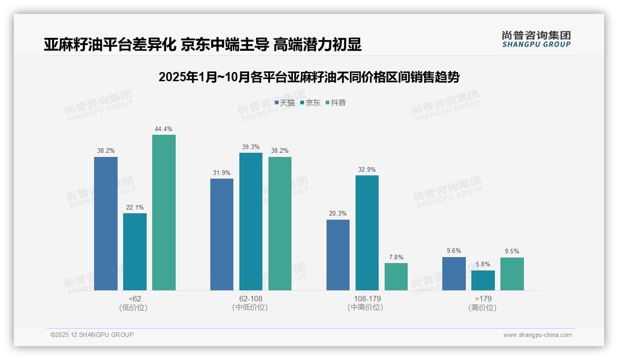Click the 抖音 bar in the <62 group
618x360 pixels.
(x=164, y=212)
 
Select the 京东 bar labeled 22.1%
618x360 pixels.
(x=135, y=252)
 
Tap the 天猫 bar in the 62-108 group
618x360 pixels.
(x=222, y=234)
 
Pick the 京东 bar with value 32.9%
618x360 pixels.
(x=367, y=233)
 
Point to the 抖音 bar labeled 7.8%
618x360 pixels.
(x=396, y=276)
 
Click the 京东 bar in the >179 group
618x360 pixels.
(x=483, y=280)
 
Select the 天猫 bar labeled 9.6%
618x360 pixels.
(x=454, y=274)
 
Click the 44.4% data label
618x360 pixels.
(x=164, y=129)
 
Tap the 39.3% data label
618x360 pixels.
(x=251, y=147)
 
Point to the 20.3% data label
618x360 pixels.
(x=338, y=214)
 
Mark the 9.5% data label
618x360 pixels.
(x=512, y=252)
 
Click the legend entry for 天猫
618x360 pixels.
(x=285, y=103)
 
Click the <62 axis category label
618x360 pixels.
(x=135, y=299)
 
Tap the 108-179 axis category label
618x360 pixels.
(x=367, y=299)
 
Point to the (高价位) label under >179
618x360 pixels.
(x=483, y=307)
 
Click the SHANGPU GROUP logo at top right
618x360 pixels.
(x=536, y=39)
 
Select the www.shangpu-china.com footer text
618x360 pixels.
(x=537, y=335)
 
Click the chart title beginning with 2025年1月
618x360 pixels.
(x=309, y=77)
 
